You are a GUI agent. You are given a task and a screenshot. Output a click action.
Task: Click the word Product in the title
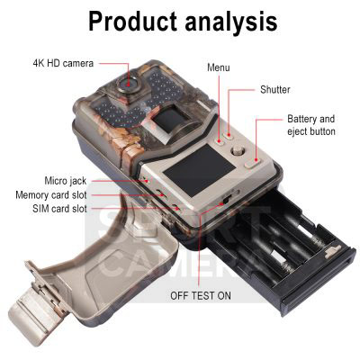(132, 21)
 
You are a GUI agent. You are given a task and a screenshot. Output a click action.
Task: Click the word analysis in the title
(231, 22)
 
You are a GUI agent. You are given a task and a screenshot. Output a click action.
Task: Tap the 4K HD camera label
(63, 63)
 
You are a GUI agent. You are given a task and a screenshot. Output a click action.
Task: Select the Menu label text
(219, 67)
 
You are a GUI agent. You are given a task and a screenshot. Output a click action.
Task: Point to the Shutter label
(275, 89)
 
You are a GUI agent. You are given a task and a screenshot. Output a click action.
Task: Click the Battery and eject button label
(311, 125)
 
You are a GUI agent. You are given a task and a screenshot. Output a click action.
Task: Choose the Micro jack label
(66, 181)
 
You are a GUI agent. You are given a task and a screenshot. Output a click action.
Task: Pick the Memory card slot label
(51, 195)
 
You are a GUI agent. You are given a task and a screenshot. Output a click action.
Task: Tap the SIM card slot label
(59, 209)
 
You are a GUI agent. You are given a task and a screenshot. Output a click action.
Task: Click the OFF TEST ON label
(201, 295)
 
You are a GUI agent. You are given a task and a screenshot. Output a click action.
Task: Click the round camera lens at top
(129, 84)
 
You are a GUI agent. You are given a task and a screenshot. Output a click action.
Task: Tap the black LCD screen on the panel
(199, 169)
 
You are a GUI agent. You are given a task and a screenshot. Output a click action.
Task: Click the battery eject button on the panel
(252, 164)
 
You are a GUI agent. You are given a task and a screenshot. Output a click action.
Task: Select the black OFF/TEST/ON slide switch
(227, 198)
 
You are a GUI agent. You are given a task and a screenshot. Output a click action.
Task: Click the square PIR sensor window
(169, 119)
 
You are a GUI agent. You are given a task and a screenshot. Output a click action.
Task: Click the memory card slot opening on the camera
(161, 193)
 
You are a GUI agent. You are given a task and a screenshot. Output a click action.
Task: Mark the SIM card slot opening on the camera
(176, 208)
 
